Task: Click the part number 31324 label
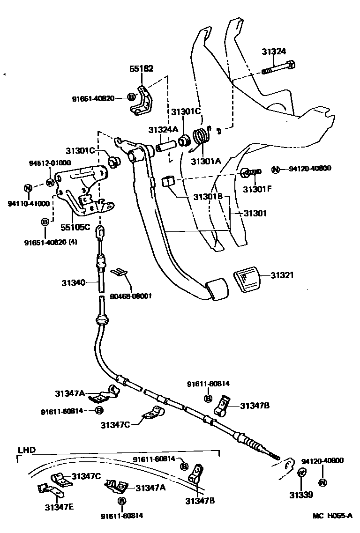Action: click(274, 52)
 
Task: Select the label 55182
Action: click(141, 68)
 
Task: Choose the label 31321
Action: click(282, 275)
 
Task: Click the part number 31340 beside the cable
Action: click(73, 282)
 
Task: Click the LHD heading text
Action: click(26, 450)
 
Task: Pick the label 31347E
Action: click(58, 506)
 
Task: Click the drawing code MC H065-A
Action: click(333, 516)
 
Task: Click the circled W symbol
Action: click(51, 182)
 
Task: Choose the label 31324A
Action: click(163, 129)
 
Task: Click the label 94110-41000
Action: click(29, 203)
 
